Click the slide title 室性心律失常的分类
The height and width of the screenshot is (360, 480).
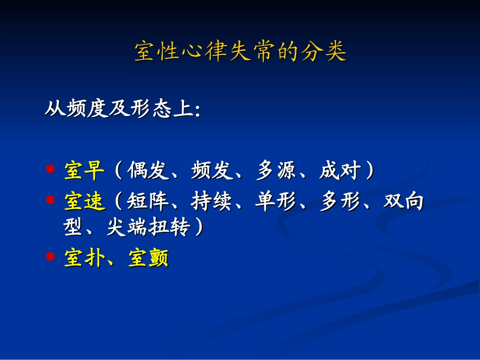click(240, 52)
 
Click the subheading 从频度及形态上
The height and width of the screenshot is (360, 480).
click(119, 109)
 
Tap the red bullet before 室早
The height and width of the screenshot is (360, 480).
click(50, 169)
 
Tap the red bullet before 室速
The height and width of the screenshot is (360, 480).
click(50, 200)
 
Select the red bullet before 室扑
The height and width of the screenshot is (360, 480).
click(50, 256)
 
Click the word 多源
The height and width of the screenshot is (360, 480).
click(276, 171)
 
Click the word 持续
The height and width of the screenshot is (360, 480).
click(212, 202)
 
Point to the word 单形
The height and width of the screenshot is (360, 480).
click(276, 202)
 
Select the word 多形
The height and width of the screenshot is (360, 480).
click(340, 202)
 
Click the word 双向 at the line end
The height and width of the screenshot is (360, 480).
click(404, 202)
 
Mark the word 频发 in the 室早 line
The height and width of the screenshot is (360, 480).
click(212, 171)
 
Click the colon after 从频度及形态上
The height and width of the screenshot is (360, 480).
click(197, 111)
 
